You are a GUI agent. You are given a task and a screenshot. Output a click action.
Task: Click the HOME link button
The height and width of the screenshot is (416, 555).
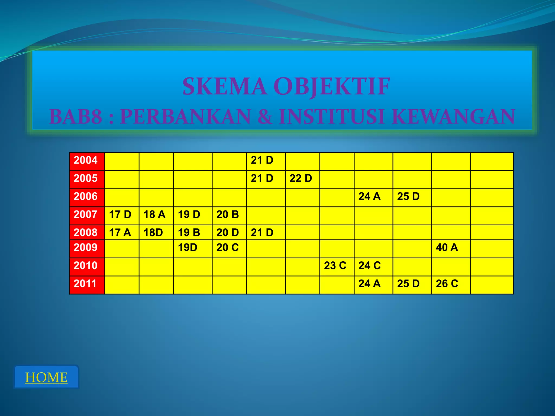(46, 377)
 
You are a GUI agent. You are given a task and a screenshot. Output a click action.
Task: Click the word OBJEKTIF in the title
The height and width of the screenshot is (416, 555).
(332, 86)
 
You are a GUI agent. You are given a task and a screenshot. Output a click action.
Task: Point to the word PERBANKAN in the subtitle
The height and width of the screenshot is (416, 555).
(185, 116)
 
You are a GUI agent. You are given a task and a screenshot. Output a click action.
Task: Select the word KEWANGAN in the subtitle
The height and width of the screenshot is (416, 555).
(453, 116)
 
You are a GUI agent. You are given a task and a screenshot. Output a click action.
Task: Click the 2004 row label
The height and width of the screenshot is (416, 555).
(86, 160)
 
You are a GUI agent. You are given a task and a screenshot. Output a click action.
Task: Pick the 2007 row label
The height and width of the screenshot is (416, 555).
(86, 214)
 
